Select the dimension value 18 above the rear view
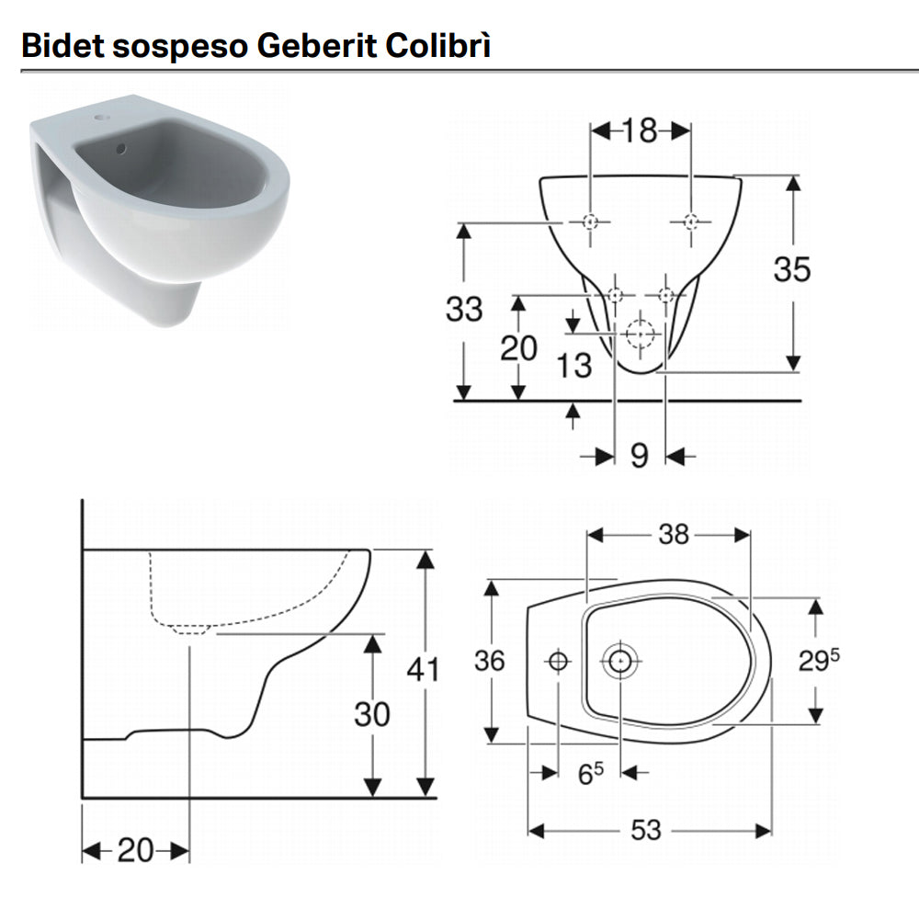640,131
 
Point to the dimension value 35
791,269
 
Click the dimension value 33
464,310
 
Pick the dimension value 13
574,365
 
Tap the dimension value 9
640,455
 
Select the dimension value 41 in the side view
424,669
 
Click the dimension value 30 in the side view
372,713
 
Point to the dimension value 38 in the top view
674,534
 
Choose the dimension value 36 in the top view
490,660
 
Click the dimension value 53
646,830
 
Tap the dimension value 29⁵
819,660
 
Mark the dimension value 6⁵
590,775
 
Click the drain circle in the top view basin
619,660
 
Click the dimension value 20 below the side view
135,851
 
